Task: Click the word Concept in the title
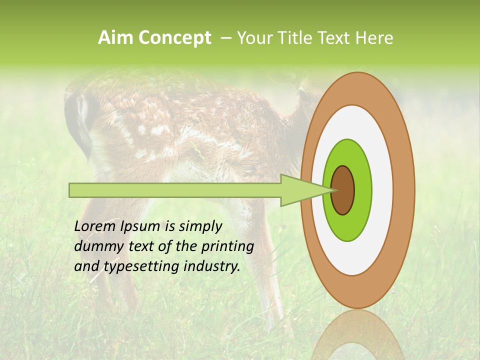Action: pyautogui.click(x=174, y=38)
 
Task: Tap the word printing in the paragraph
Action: pyautogui.click(x=228, y=247)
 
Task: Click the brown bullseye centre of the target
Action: pyautogui.click(x=343, y=190)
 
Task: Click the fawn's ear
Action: pyautogui.click(x=80, y=120)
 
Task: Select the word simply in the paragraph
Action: pyautogui.click(x=200, y=227)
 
